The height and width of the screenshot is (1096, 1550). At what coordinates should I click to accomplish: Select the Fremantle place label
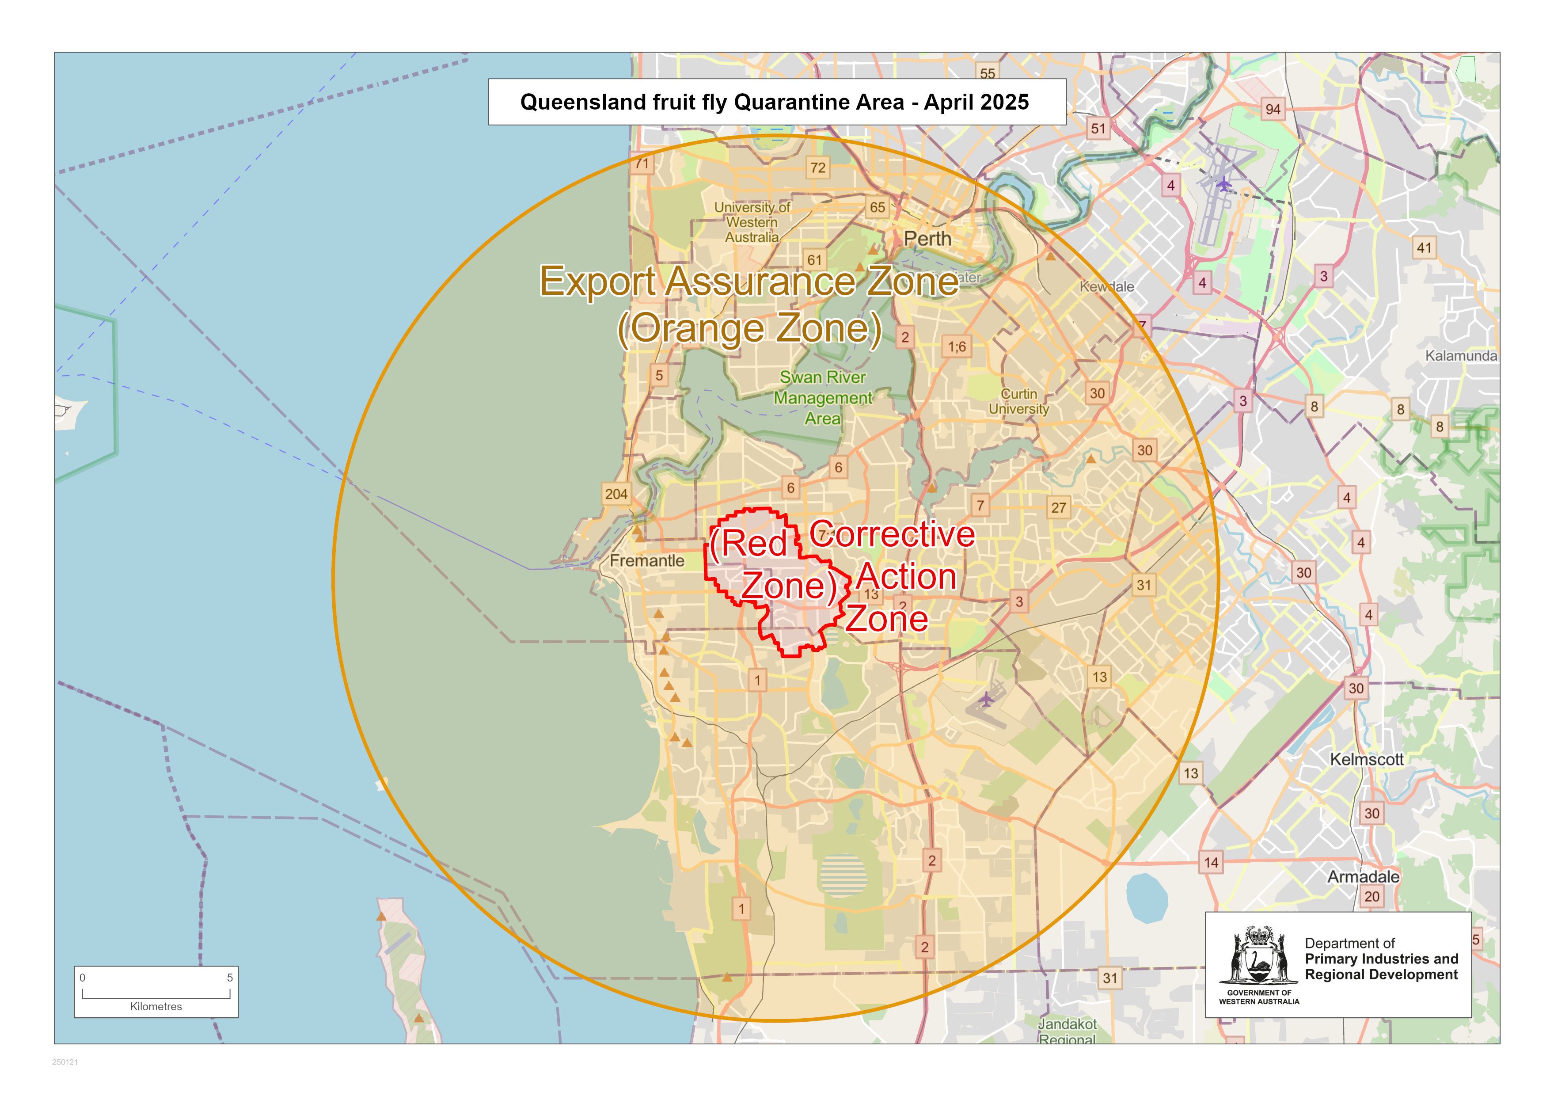[647, 560]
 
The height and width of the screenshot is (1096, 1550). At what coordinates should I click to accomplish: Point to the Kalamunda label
[1461, 356]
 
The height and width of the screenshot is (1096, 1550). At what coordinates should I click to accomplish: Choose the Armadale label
[1363, 876]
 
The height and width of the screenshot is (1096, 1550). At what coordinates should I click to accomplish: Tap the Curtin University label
[1019, 401]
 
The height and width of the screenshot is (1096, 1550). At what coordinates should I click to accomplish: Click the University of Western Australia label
[752, 222]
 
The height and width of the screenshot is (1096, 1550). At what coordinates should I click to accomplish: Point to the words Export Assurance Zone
[748, 281]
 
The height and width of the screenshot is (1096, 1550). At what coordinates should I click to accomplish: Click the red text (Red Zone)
[770, 564]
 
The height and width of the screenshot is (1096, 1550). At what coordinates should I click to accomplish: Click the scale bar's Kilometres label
[156, 1006]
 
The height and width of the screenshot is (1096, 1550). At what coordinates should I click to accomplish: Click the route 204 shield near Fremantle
[615, 494]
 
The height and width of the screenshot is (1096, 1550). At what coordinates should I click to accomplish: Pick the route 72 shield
[817, 167]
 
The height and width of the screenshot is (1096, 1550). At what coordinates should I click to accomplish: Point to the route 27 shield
[1058, 508]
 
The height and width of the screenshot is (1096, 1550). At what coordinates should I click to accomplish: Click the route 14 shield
[1211, 862]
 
